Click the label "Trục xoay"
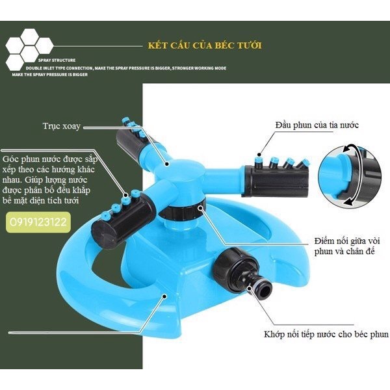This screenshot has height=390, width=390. [61, 125]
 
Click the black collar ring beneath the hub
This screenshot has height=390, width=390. [184, 212]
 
